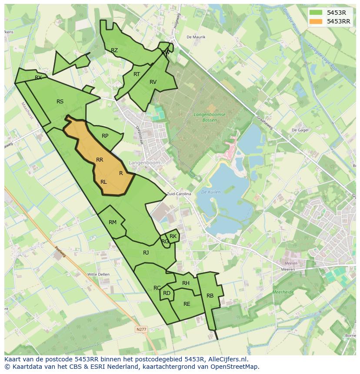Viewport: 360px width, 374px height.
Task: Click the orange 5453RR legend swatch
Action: point(316,21)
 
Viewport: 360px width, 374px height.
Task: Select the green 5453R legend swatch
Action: point(316,13)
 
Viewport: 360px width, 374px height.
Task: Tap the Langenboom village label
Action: point(145,162)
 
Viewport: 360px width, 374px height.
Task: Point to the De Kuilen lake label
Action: point(211,192)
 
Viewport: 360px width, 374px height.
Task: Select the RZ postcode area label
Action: point(114,50)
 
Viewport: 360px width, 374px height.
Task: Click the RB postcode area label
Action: point(210,296)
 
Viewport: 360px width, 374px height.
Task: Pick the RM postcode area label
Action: point(113,222)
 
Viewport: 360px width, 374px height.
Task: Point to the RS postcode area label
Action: point(60,102)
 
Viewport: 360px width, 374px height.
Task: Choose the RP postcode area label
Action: point(105,136)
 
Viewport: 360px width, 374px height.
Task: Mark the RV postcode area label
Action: point(153,82)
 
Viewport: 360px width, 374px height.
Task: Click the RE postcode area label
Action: point(187,304)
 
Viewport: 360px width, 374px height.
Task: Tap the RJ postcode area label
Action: point(146,253)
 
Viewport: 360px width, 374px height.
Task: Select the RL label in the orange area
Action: point(103,182)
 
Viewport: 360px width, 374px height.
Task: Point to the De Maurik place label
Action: point(196,37)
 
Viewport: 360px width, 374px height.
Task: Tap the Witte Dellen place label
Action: point(98,275)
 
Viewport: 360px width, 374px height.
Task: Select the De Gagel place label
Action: point(300,130)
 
